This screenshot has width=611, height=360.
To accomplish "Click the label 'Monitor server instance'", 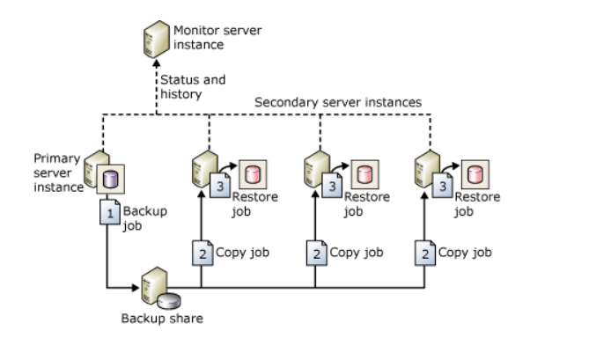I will tap(205, 37).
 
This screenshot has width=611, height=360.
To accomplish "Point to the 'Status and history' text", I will tap(192, 85).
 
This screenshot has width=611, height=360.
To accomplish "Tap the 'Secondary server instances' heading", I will tap(337, 102).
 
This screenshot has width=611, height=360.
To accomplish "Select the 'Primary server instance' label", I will tap(57, 173).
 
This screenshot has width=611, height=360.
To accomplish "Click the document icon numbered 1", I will tap(109, 215).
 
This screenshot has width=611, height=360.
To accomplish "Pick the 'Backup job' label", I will tap(142, 218).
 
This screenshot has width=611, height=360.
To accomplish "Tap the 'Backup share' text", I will tap(161, 318).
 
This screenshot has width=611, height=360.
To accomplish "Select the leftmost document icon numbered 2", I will tap(202, 253).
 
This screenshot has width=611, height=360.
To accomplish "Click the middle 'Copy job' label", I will tap(357, 253).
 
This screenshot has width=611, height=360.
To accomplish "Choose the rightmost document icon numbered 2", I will tap(425, 253).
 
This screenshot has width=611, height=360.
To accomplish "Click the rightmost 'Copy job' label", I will tap(465, 253).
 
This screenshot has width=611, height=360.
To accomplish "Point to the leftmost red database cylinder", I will tap(254, 172).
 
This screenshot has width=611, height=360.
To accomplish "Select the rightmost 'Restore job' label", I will tap(477, 203).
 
